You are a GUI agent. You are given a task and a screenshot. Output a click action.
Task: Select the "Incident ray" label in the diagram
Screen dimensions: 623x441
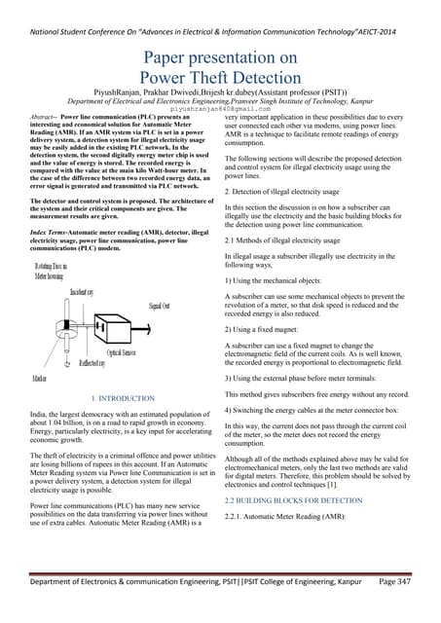click(x=83, y=290)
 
